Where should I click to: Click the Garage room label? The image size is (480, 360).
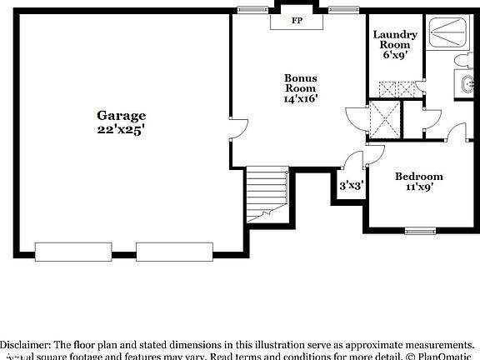[121, 116]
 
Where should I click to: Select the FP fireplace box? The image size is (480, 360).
[297, 21]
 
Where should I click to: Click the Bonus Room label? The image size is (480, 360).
[301, 82]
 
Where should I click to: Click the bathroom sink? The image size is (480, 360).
[467, 82]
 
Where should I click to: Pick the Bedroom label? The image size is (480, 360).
[418, 176]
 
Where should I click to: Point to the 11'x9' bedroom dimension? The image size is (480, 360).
[418, 189]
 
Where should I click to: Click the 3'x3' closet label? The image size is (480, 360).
[350, 187]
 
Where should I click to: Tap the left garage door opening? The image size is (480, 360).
[71, 249]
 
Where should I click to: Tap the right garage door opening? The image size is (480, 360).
[172, 249]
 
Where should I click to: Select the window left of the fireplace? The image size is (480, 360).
[249, 9]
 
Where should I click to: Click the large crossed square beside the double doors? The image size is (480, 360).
[385, 118]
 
